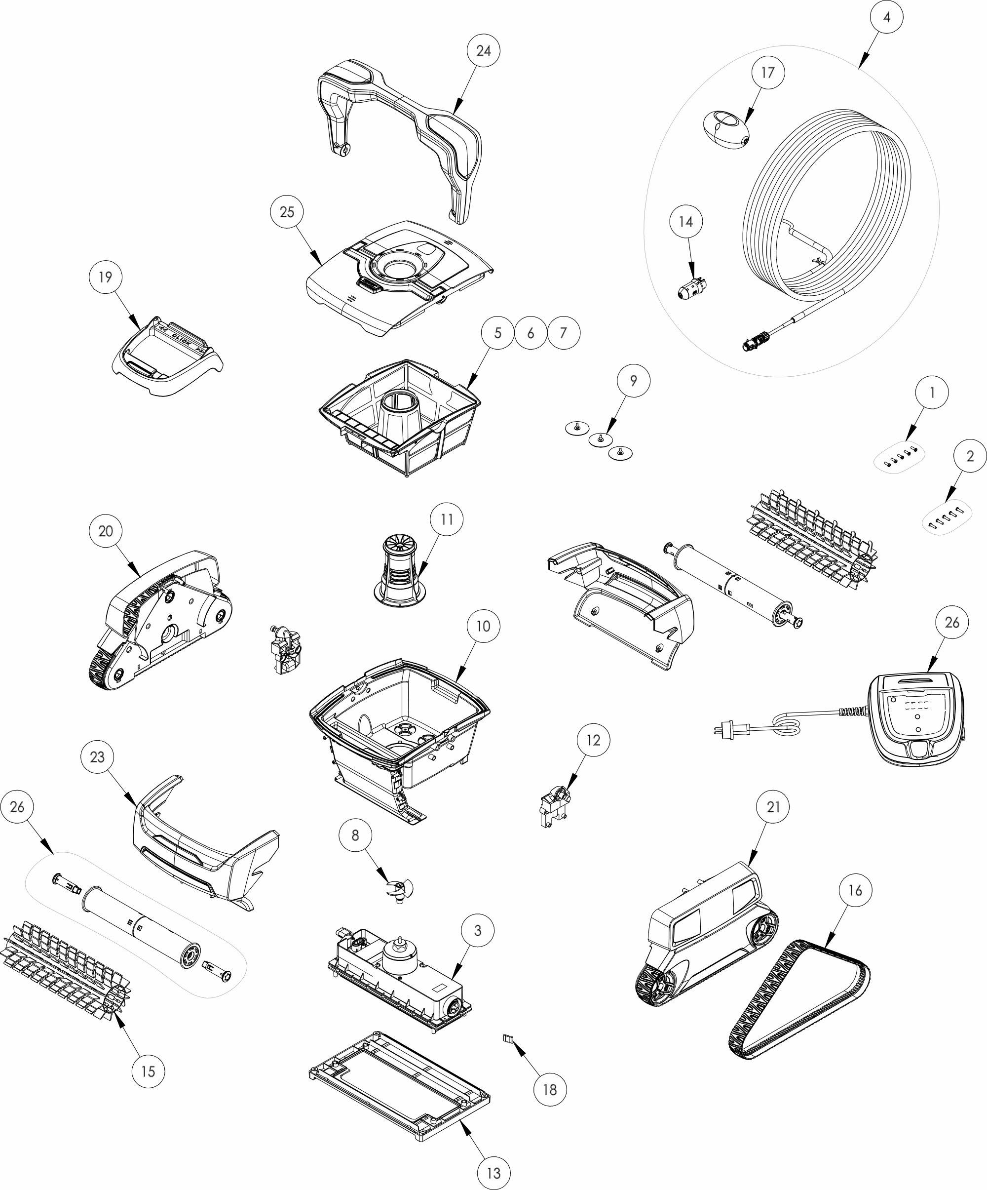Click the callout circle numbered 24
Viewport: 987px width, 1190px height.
pos(483,50)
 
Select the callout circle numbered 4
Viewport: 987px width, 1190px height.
pos(887,17)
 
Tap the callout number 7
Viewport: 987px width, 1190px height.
pos(563,333)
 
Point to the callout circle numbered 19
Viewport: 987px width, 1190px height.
pos(105,277)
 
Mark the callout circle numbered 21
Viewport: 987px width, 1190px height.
pos(773,806)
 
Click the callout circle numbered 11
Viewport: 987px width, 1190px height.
pos(447,519)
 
